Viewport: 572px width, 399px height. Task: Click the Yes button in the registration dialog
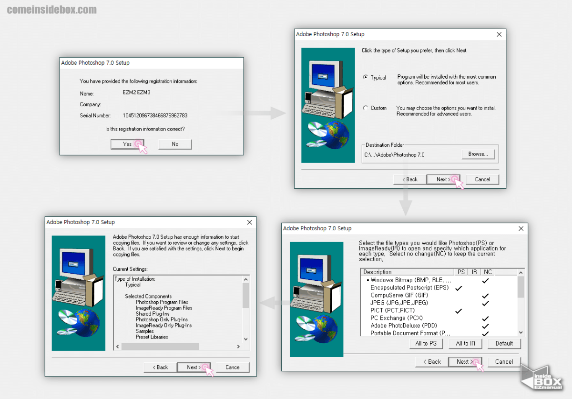click(x=127, y=144)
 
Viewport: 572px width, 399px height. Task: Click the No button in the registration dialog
click(x=175, y=144)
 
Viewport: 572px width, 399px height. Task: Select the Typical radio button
click(x=366, y=77)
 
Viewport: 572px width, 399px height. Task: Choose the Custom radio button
click(x=366, y=108)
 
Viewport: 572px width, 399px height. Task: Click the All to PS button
click(x=426, y=343)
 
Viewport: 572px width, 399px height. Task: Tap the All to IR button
click(x=465, y=343)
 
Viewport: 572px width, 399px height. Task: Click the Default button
click(x=504, y=343)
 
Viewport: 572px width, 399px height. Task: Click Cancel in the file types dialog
click(x=504, y=362)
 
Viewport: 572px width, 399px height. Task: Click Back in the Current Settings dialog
click(x=160, y=368)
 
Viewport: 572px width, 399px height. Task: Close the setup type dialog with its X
click(x=499, y=34)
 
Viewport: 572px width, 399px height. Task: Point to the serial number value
click(x=155, y=115)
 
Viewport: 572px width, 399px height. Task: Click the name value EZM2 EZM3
click(x=136, y=92)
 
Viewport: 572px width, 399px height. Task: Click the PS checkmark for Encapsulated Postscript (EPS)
click(x=459, y=288)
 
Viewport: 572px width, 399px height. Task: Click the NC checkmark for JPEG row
click(x=485, y=303)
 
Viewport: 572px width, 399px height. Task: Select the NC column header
click(x=488, y=272)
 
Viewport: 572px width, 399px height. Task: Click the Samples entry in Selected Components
click(x=144, y=331)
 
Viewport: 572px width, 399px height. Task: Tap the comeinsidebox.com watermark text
click(x=52, y=10)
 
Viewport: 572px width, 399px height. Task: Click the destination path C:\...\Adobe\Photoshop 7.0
click(x=394, y=155)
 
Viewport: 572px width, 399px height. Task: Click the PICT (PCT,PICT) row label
click(x=392, y=310)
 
